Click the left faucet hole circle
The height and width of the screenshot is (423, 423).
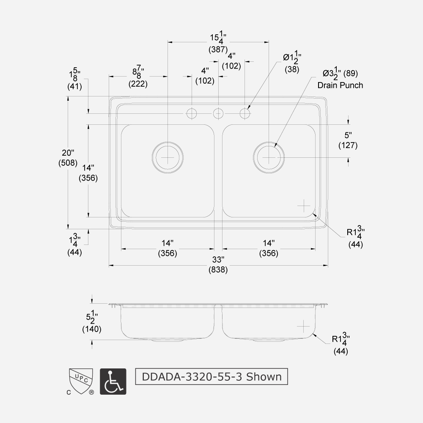(192, 113)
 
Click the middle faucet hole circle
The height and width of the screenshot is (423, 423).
(218, 113)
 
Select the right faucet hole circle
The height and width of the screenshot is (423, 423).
(245, 113)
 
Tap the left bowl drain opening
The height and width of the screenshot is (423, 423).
(168, 157)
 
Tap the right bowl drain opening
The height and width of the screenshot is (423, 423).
(269, 157)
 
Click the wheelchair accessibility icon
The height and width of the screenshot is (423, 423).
(113, 382)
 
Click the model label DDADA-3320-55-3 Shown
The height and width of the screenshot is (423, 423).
(211, 376)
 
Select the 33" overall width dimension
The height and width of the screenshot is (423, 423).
(218, 260)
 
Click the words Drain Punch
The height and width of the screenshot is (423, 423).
(340, 85)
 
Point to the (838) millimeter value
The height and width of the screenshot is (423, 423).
(218, 270)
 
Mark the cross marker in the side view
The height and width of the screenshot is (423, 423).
(304, 326)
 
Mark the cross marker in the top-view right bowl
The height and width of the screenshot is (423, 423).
(304, 206)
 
